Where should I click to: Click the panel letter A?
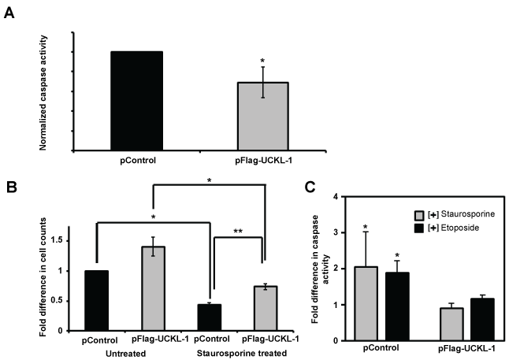pos(9,13)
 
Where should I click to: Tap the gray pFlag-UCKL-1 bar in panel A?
pos(262,116)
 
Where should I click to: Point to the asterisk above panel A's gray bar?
pos(262,61)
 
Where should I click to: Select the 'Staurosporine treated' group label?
pos(237,354)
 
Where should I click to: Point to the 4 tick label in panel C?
pos(336,196)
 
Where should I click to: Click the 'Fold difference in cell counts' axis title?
pos(54,271)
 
